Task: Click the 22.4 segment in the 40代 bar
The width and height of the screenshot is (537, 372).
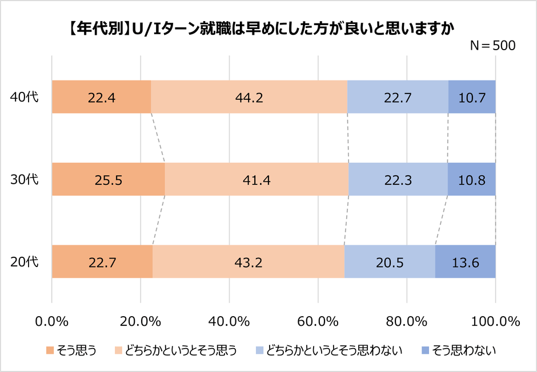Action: click(101, 97)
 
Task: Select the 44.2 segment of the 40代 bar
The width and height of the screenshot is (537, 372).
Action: click(249, 97)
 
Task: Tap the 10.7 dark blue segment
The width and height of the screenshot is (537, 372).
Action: click(472, 97)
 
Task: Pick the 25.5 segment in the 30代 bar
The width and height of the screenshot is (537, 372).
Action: click(108, 179)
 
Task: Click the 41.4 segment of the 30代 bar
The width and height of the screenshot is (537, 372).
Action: click(257, 179)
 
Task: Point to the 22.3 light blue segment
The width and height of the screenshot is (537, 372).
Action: click(398, 179)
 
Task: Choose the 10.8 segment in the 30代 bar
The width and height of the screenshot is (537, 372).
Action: click(472, 179)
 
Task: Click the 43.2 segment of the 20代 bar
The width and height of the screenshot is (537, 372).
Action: click(248, 262)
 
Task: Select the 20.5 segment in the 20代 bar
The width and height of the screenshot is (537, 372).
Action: click(390, 262)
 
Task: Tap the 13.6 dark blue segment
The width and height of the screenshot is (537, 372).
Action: click(465, 262)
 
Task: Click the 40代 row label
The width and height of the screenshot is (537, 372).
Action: click(25, 97)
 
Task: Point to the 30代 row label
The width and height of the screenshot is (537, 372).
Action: click(25, 179)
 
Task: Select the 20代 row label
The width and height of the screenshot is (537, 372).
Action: click(25, 262)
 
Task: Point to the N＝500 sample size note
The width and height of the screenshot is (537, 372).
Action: click(492, 46)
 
